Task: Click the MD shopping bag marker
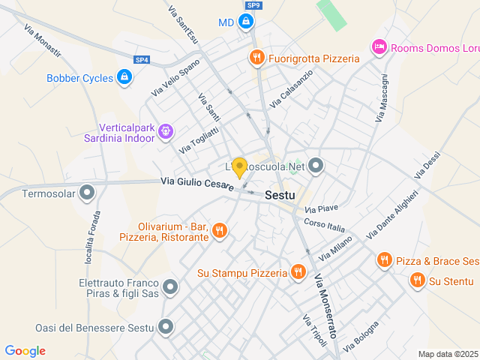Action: [245, 22]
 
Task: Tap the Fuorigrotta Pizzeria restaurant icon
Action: [256, 58]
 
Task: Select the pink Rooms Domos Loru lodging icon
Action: [379, 48]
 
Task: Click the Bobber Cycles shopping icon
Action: [124, 77]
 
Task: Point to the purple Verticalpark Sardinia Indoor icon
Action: [166, 133]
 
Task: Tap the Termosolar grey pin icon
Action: [88, 193]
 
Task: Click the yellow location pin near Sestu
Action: [239, 168]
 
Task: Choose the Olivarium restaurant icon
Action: [219, 231]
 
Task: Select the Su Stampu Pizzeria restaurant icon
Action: [298, 272]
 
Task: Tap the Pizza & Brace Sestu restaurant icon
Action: [384, 260]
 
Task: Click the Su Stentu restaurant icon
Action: [417, 280]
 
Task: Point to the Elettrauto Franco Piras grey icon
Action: [170, 287]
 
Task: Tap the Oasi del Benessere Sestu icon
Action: [166, 327]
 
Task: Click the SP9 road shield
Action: [253, 5]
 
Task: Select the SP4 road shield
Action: [142, 60]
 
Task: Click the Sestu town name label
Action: [280, 194]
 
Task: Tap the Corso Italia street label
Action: [325, 225]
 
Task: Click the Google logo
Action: [25, 351]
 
